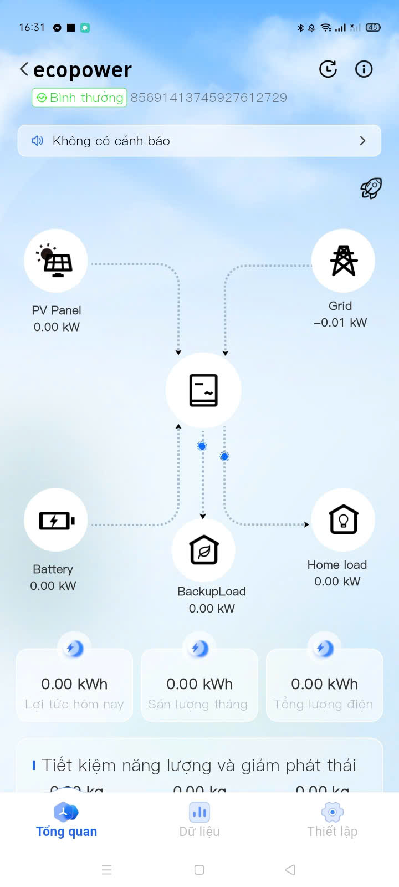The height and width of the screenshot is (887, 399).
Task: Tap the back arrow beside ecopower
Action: pos(24,69)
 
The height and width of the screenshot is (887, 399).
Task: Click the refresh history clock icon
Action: pos(328,69)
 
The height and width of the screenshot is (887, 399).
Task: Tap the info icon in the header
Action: pos(364,69)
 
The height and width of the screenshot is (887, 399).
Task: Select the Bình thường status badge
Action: pos(79,98)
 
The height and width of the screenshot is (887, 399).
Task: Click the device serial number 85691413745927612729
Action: pos(208,98)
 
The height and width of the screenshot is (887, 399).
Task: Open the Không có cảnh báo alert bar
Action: pos(199,141)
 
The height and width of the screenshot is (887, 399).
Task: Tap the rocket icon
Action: pos(371,188)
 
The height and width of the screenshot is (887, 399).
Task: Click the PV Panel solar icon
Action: pos(56,261)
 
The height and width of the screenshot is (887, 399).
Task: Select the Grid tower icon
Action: pos(343,261)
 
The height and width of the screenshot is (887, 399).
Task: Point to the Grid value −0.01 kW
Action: pos(340,323)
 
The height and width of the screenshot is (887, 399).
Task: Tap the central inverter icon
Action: pos(203,390)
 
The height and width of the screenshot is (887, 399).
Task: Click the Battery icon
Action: pos(56,520)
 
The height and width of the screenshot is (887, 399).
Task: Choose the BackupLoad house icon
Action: pos(203,550)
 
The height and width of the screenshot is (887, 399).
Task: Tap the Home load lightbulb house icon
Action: pos(343,520)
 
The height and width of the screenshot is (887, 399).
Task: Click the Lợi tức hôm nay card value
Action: pos(74,684)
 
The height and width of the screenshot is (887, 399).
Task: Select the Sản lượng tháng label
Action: pos(198,705)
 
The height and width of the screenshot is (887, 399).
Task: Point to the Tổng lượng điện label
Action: pos(323,705)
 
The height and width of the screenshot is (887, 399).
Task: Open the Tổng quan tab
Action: pos(66,820)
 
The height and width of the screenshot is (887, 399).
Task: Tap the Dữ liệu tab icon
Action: pos(199,813)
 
